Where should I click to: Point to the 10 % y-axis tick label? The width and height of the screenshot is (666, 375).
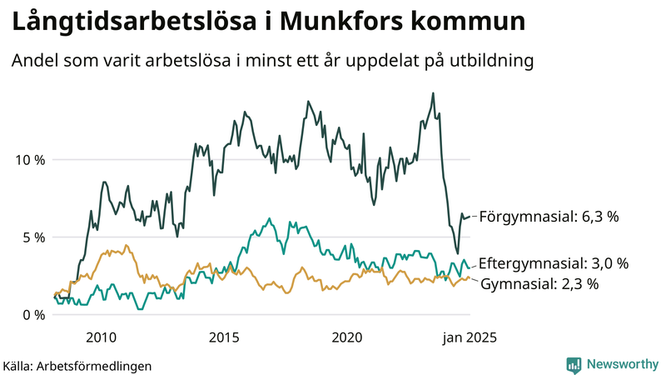[29, 159]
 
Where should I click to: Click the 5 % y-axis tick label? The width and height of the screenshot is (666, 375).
[33, 237]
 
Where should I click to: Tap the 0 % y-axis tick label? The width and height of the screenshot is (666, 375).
[33, 314]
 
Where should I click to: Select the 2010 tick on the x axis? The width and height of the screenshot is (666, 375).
[101, 337]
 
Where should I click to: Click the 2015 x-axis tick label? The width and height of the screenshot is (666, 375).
[224, 337]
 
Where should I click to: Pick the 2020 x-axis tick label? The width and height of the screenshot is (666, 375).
[347, 337]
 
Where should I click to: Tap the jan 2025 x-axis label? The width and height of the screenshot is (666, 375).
[469, 337]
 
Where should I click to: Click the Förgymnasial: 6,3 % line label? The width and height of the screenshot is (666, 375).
[550, 217]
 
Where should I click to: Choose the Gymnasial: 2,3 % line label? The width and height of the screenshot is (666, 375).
[540, 284]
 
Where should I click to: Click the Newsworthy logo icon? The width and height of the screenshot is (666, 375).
[574, 364]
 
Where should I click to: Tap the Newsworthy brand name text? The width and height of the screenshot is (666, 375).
[620, 364]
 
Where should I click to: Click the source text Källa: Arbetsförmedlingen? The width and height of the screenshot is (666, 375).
[77, 365]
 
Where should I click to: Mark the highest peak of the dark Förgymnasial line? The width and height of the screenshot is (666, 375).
[433, 93]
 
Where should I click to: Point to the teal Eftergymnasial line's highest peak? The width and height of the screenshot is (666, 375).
[269, 219]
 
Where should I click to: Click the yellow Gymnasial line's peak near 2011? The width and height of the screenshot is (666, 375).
[126, 245]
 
